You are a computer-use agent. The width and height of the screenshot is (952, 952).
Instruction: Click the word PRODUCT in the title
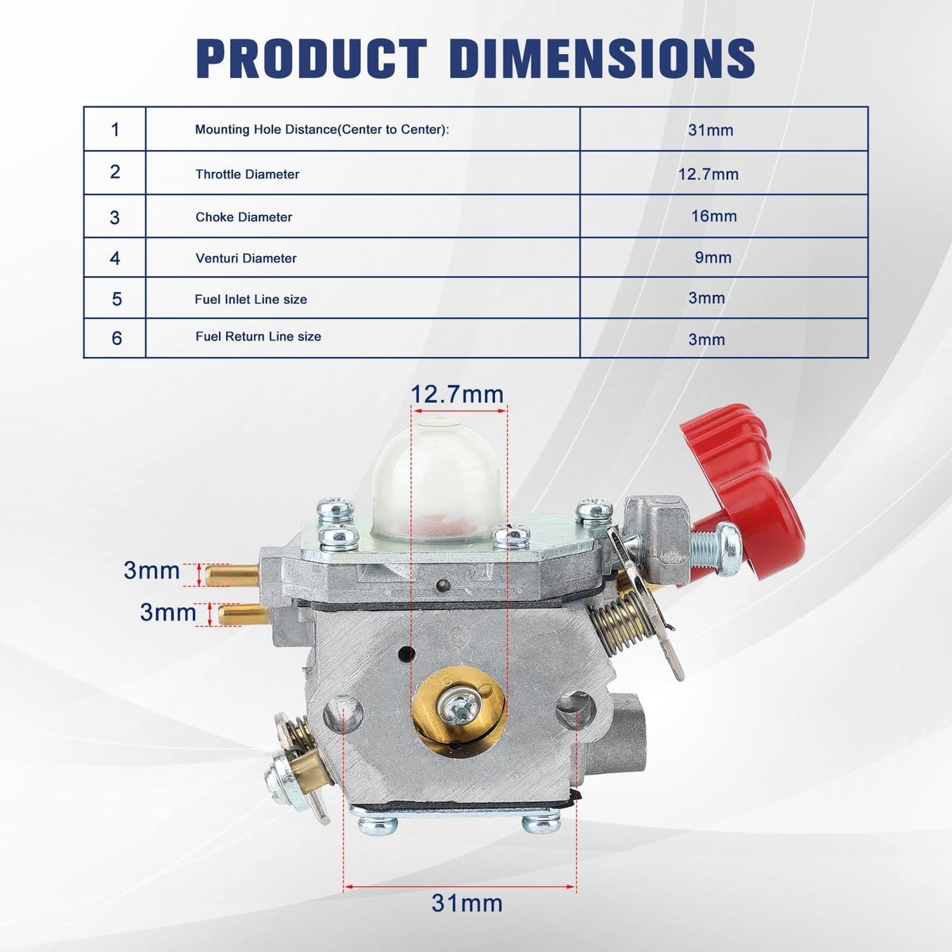click(x=312, y=58)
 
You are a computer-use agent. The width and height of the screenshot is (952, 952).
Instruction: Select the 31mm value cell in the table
click(x=710, y=130)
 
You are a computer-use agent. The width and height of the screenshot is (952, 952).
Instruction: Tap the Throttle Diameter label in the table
click(x=247, y=174)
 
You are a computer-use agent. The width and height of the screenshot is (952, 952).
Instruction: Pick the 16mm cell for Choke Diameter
click(x=714, y=216)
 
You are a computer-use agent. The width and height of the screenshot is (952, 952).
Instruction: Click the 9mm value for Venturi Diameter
click(x=713, y=257)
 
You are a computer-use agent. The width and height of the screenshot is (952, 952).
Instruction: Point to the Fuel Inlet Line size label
click(x=251, y=299)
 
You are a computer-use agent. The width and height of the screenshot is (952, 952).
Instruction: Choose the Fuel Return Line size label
click(x=258, y=336)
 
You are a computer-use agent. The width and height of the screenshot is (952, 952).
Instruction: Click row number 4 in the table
click(x=114, y=258)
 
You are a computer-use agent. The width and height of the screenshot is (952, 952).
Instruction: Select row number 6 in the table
click(x=117, y=339)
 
